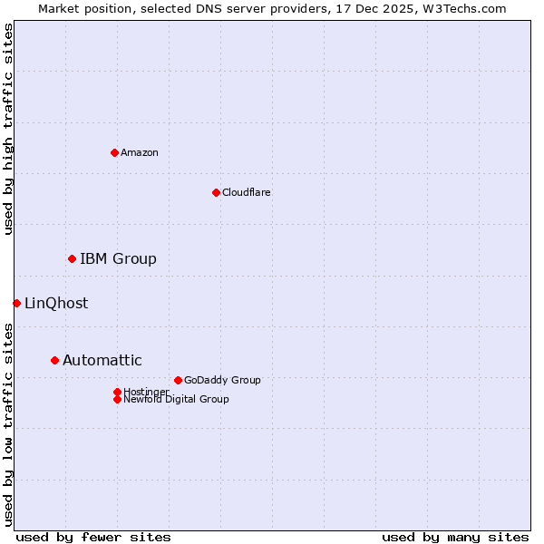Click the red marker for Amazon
(x=114, y=152)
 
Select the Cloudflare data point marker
(x=216, y=192)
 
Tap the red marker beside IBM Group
(x=72, y=259)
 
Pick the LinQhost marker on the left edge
(x=16, y=303)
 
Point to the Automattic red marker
(x=54, y=360)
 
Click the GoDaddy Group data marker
(x=178, y=380)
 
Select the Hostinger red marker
(x=117, y=392)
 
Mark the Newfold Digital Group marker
(x=117, y=399)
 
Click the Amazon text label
(x=140, y=152)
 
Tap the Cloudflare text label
(x=247, y=192)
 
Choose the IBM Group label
(x=118, y=259)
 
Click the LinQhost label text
(x=56, y=304)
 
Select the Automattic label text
(x=102, y=361)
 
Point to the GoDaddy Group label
(x=222, y=380)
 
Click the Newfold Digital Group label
(x=176, y=400)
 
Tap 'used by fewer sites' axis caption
(x=93, y=537)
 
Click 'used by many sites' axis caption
(x=455, y=537)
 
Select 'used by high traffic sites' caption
(x=9, y=129)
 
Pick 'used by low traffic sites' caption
(x=9, y=423)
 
